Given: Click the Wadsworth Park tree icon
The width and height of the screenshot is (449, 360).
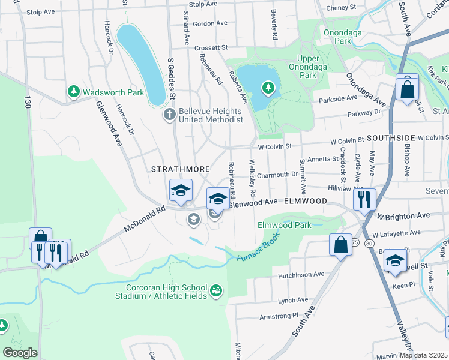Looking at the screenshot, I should click(x=73, y=92).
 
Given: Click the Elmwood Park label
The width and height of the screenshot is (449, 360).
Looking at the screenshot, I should click(x=284, y=226).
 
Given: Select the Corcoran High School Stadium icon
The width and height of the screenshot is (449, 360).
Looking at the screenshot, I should click(x=215, y=292).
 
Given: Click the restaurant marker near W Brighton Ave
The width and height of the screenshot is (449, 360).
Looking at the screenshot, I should click(x=364, y=200).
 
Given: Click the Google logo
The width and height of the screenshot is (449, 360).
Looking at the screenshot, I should click(x=20, y=352).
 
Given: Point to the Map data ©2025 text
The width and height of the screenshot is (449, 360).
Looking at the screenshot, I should click(x=424, y=355).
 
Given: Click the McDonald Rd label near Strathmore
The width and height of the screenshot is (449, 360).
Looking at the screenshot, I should click(x=144, y=220).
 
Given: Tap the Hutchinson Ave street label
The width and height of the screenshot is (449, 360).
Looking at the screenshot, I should click(x=301, y=275).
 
